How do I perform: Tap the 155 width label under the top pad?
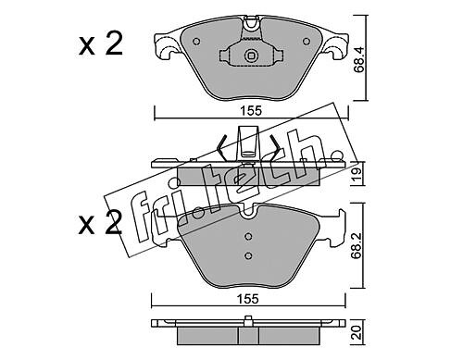[x=251, y=111]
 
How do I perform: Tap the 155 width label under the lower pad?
[x=247, y=299]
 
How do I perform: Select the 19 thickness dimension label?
[x=358, y=174]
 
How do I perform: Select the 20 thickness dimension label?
[x=358, y=334]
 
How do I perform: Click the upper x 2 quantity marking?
[x=101, y=43]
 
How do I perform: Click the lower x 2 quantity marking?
[x=100, y=222]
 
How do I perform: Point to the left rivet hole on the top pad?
[x=196, y=42]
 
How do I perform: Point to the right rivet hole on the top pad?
[x=306, y=41]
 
